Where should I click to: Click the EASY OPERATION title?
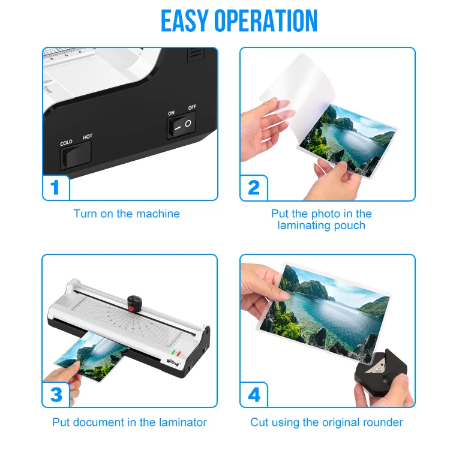[x=239, y=21]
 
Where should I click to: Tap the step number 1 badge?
[x=55, y=187]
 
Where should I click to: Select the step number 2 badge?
[x=253, y=187]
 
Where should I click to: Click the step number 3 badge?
[x=55, y=394]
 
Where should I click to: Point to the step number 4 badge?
[x=253, y=394]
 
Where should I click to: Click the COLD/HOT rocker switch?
[x=76, y=157]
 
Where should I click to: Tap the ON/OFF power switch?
[x=181, y=125]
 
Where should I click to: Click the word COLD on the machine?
[x=66, y=143]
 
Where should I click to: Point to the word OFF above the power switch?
[x=192, y=107]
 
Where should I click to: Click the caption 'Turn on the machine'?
[x=127, y=214]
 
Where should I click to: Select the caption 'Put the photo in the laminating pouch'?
[x=321, y=220]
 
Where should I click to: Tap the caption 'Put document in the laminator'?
[x=130, y=422]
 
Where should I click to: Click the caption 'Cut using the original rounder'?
[x=326, y=422]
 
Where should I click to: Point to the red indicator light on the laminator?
[x=178, y=352]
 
